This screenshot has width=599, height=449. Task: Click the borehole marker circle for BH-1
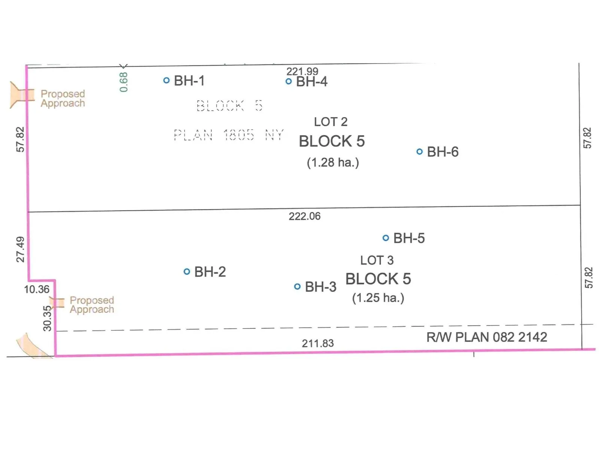(167, 80)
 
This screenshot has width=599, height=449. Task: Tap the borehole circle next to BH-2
(187, 272)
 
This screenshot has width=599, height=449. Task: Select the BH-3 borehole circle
(297, 287)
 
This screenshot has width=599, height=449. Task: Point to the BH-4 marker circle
(289, 81)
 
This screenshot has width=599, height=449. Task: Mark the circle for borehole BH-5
(386, 238)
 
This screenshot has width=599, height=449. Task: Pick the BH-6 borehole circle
(420, 152)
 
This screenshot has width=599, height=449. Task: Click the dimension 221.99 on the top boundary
(302, 71)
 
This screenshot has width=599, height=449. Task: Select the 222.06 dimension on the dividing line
(304, 216)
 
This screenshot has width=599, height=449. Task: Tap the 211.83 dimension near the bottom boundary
(318, 343)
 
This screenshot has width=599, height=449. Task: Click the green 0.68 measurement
(124, 82)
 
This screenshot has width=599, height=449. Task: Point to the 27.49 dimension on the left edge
(20, 249)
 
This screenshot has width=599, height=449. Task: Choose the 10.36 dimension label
(37, 289)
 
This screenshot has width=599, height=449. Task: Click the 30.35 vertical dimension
(47, 318)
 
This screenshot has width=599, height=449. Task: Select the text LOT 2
(331, 122)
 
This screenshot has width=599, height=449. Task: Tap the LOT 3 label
(377, 260)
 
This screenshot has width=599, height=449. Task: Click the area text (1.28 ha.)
(333, 162)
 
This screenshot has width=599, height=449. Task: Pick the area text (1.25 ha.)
(378, 298)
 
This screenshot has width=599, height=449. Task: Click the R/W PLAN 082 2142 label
(487, 337)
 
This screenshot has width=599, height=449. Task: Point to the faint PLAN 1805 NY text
(229, 135)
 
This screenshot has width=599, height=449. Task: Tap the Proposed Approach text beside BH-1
(63, 98)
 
